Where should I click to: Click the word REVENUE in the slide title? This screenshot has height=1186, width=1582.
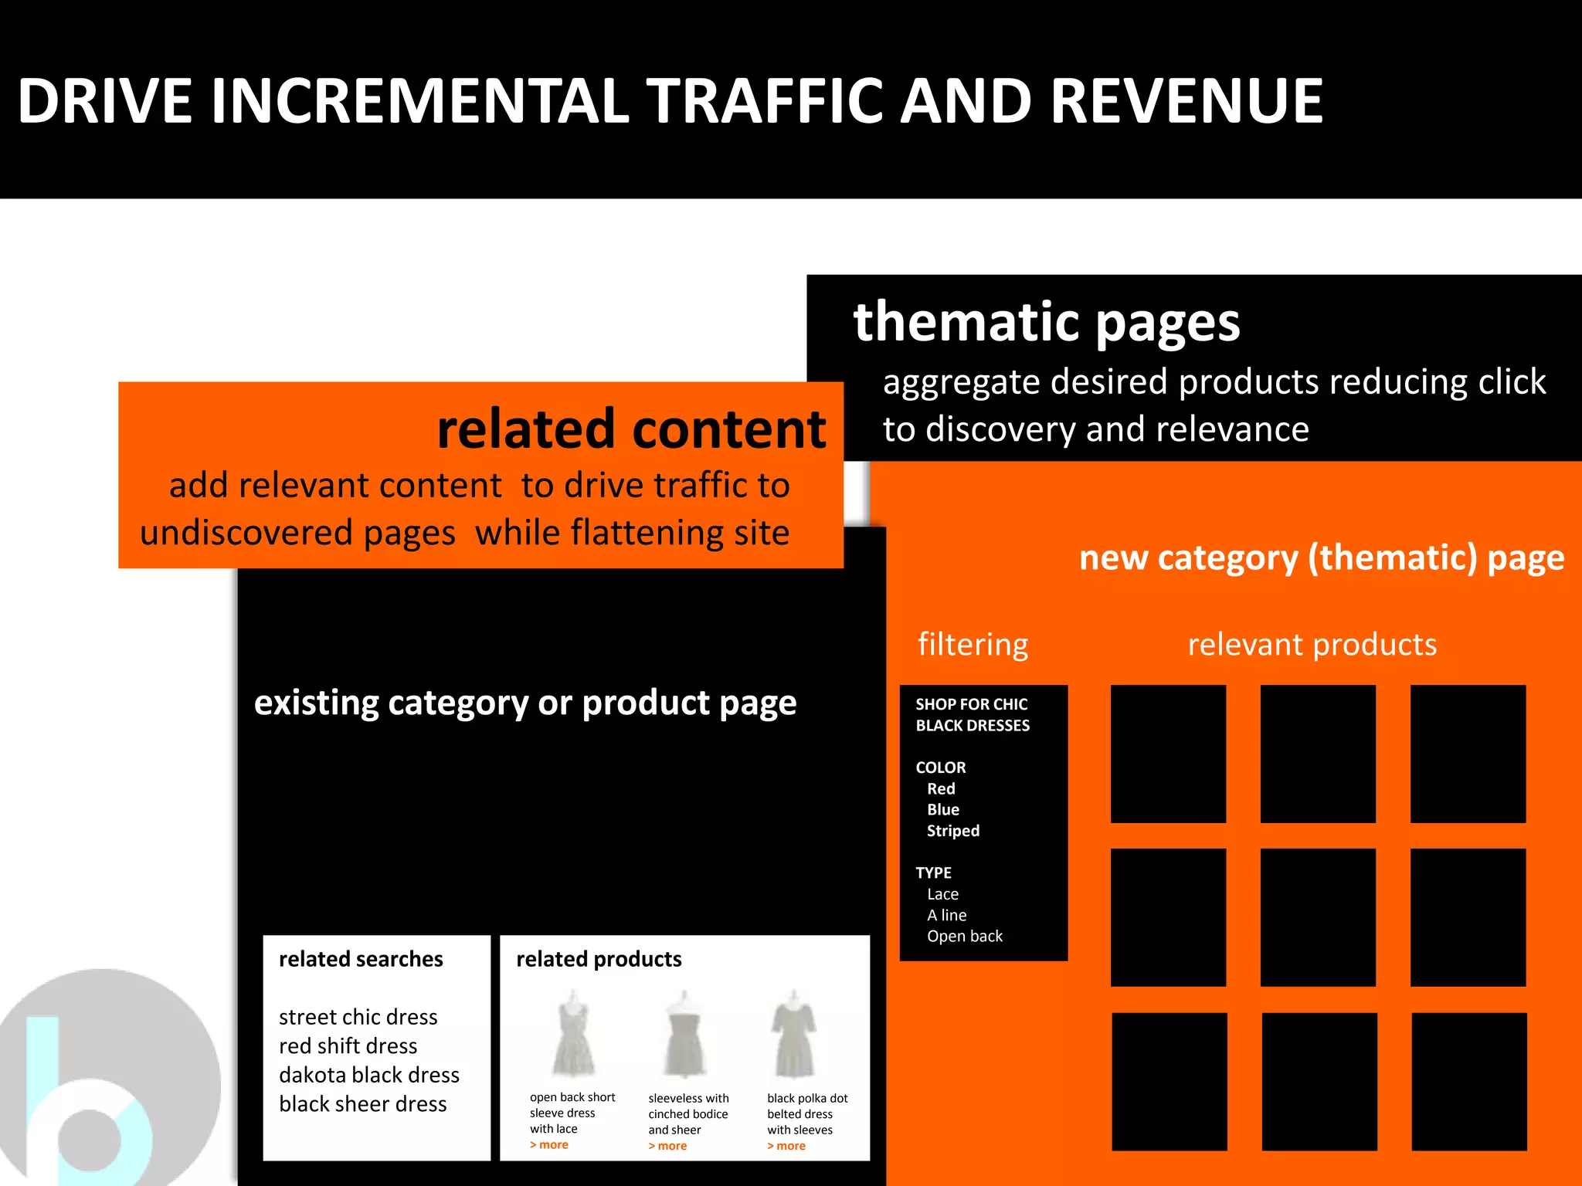click(1186, 101)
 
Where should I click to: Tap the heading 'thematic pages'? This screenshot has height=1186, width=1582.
click(1046, 322)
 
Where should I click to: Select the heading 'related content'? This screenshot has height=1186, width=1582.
click(630, 429)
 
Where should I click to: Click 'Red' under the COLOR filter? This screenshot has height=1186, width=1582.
click(941, 788)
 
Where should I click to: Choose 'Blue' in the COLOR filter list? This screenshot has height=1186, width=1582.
click(943, 809)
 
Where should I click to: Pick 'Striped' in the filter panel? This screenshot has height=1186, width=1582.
click(953, 831)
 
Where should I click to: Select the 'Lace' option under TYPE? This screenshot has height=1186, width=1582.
click(942, 894)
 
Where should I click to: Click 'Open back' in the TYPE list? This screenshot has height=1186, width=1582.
click(965, 936)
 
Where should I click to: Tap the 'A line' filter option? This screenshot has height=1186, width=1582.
click(947, 915)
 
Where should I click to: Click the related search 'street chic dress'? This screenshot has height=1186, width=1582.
click(358, 1017)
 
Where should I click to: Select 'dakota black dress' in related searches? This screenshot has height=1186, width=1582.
click(368, 1075)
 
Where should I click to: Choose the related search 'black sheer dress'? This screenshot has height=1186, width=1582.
click(362, 1104)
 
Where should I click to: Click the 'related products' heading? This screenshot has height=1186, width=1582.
click(599, 959)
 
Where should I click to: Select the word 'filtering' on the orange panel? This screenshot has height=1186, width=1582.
click(973, 644)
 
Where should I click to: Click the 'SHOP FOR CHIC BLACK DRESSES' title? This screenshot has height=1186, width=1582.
click(973, 714)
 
